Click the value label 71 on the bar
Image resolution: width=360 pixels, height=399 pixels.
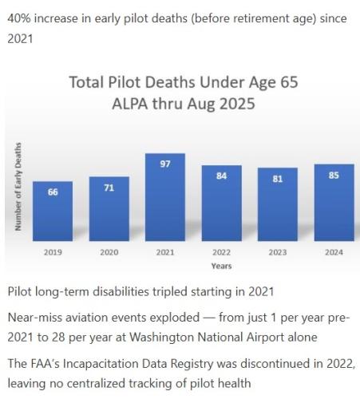tap(109, 188)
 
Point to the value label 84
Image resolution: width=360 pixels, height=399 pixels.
tap(221, 176)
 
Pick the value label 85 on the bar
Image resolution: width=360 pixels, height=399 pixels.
tap(334, 175)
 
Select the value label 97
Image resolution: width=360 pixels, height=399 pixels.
tap(165, 164)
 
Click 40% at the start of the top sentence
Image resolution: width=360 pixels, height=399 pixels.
tap(21, 18)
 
